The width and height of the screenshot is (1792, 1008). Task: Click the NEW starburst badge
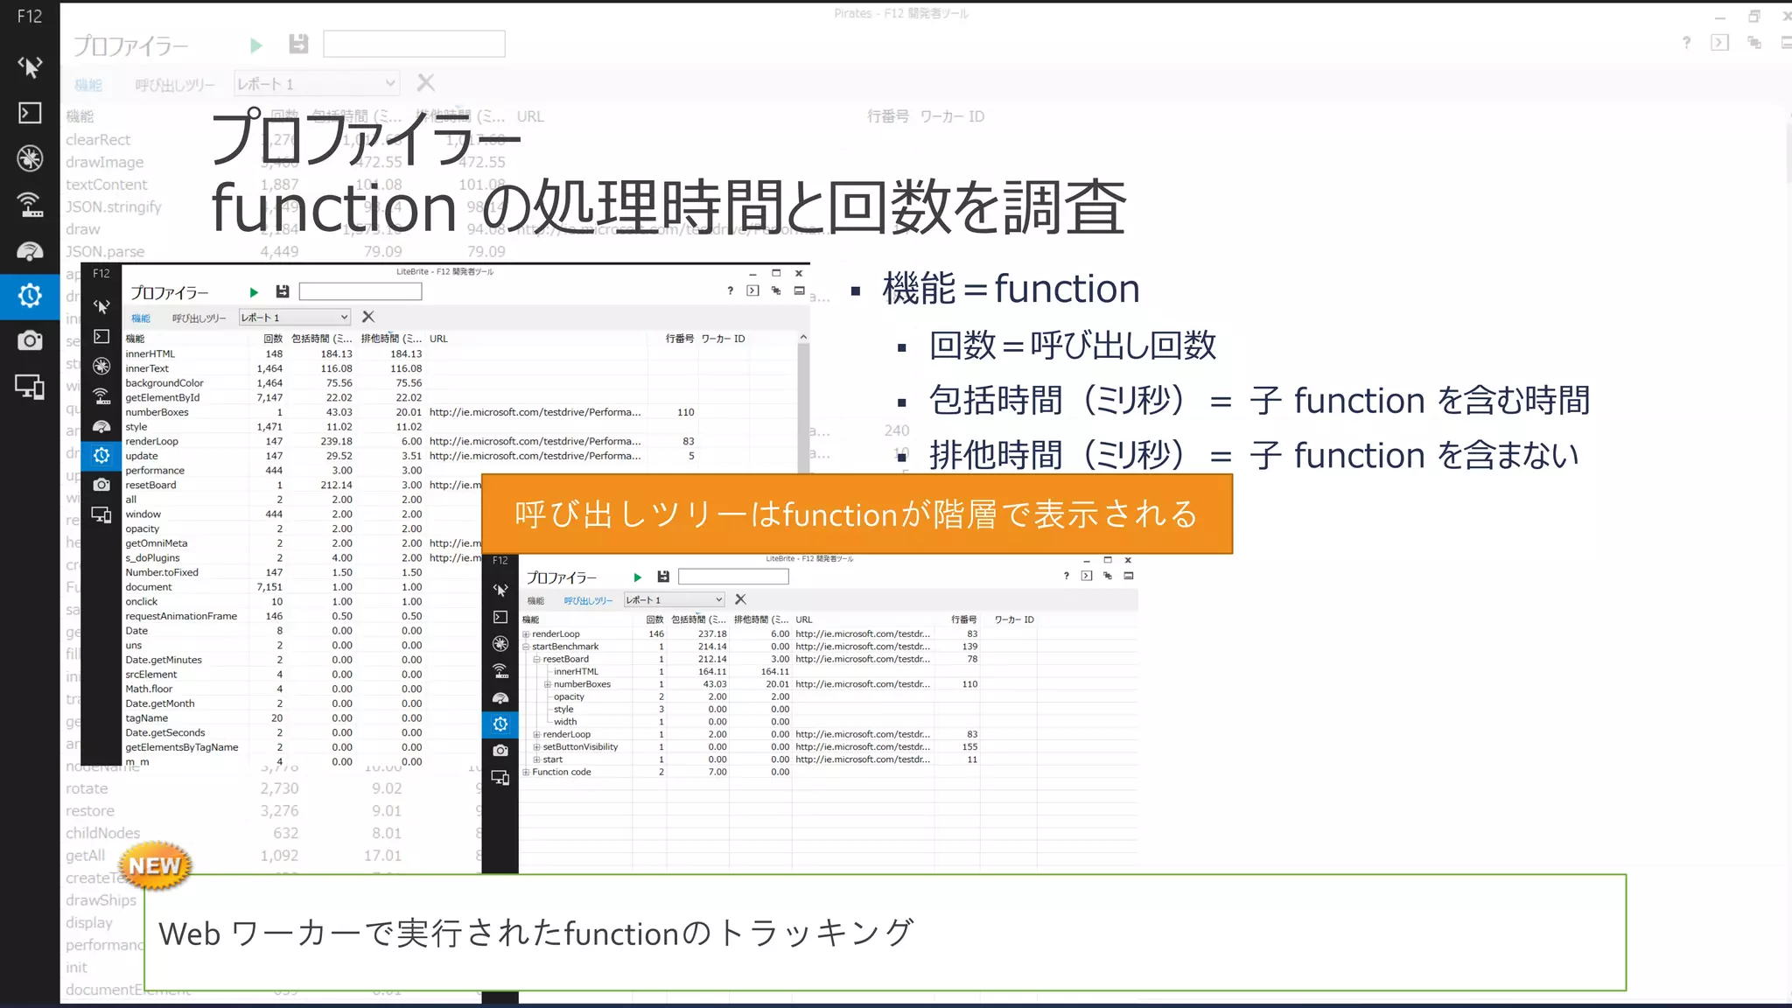coord(155,865)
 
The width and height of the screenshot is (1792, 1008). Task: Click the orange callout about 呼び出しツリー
coord(857,514)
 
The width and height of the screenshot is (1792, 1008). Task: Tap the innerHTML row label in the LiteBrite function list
coord(150,354)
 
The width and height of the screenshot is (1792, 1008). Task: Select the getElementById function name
coord(162,398)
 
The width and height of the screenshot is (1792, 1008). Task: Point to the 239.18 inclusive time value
coord(336,442)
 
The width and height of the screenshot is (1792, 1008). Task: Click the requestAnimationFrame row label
coord(180,617)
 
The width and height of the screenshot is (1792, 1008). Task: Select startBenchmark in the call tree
coord(565,647)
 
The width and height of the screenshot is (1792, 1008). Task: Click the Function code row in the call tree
coord(562,772)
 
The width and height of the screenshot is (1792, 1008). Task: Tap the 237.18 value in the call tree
coord(712,634)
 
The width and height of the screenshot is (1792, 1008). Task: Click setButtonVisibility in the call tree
coord(580,747)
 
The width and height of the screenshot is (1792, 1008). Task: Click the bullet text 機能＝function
coord(1011,289)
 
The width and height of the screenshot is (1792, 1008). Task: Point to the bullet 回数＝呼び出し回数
coord(1073,345)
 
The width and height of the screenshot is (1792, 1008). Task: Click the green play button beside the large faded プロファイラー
coord(255,45)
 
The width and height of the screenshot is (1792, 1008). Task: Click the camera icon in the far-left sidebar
coord(30,340)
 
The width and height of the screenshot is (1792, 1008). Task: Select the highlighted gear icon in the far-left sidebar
coord(30,296)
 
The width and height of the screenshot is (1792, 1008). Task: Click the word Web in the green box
coord(189,934)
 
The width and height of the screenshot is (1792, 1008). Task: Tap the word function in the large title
coord(333,207)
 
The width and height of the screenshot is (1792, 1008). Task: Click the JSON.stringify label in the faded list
coord(114,207)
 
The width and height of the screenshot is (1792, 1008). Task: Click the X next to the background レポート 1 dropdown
coord(426,83)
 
